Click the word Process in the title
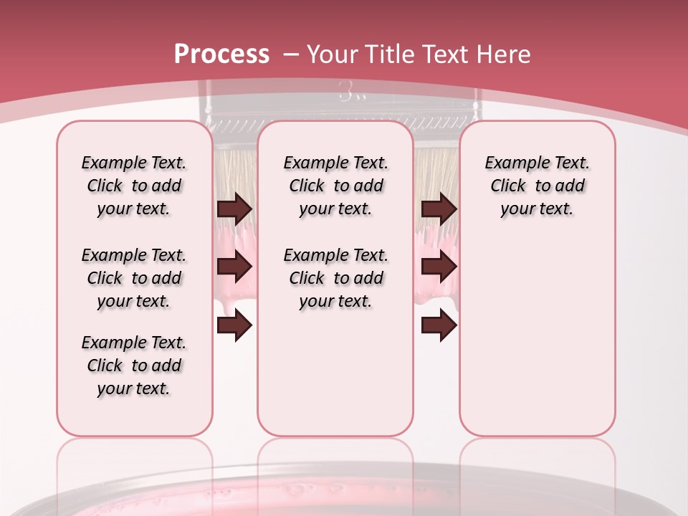pyautogui.click(x=221, y=54)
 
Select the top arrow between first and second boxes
pyautogui.click(x=234, y=209)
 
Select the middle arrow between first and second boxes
pyautogui.click(x=234, y=267)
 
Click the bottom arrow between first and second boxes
pyautogui.click(x=234, y=326)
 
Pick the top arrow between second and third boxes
pyautogui.click(x=439, y=209)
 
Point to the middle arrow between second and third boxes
pyautogui.click(x=439, y=267)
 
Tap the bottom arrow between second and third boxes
pyautogui.click(x=439, y=326)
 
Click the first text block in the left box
pyautogui.click(x=134, y=186)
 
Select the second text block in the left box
pyautogui.click(x=134, y=278)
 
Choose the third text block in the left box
pyautogui.click(x=134, y=365)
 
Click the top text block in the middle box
pyautogui.click(x=335, y=186)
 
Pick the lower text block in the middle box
pyautogui.click(x=335, y=278)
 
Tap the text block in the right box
pyautogui.click(x=537, y=186)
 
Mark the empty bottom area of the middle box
pyautogui.click(x=335, y=380)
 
